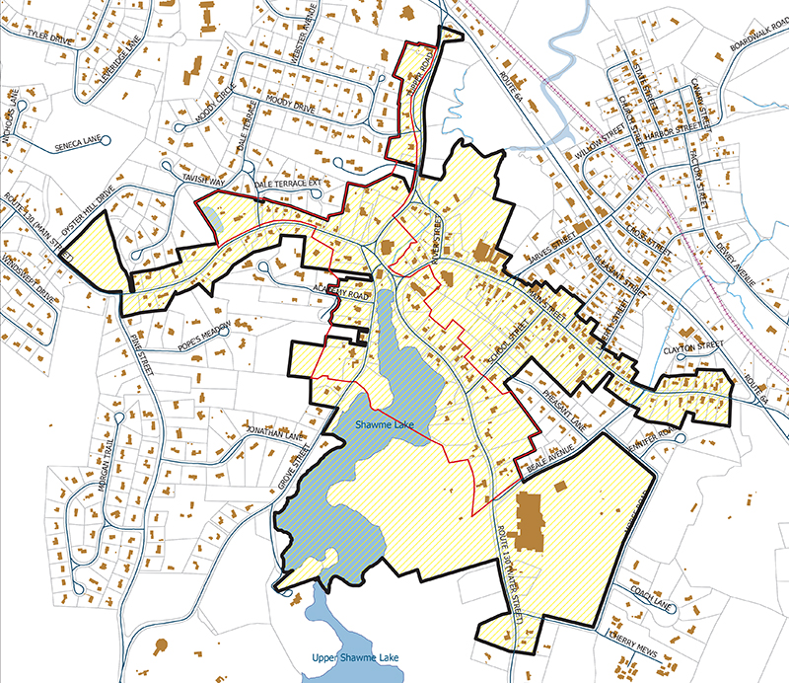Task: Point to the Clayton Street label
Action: [693, 349]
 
